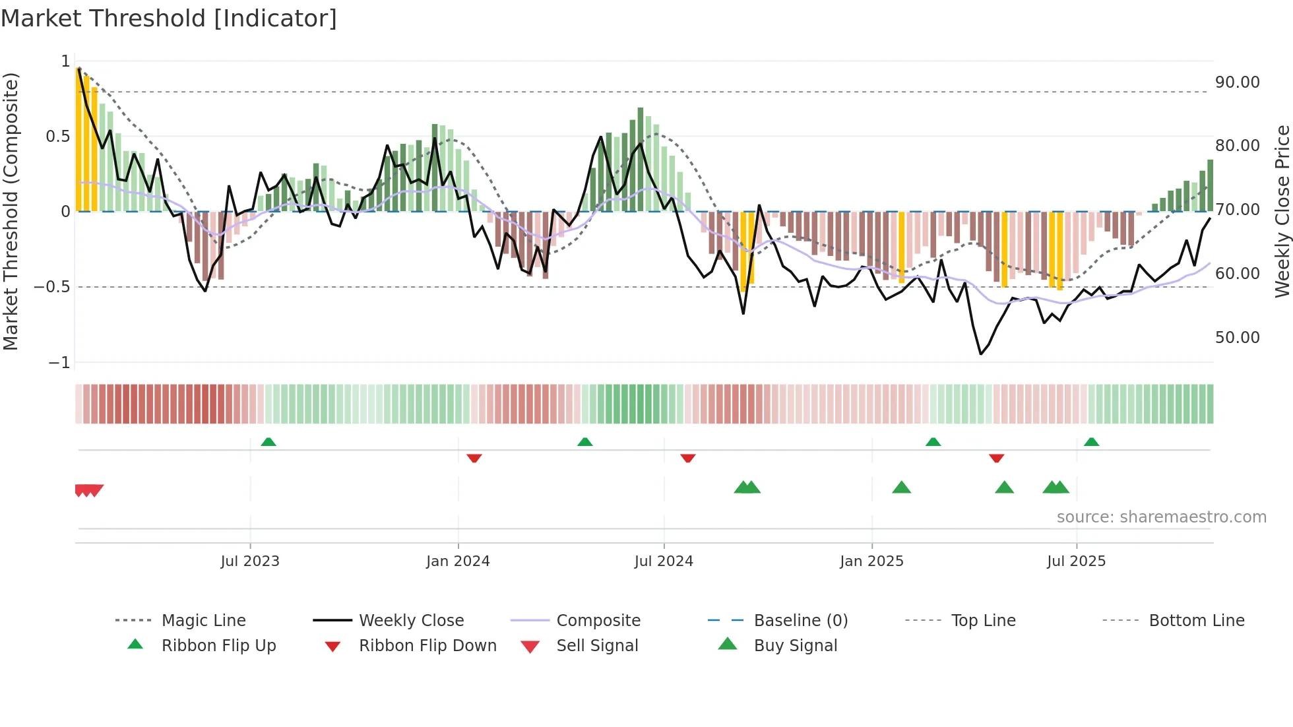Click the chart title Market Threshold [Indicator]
(169, 18)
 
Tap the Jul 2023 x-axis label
(250, 561)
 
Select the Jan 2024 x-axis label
(458, 561)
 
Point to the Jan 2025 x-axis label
(871, 561)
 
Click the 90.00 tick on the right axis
(1237, 82)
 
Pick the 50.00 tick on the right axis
(1237, 338)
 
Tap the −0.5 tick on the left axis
(52, 287)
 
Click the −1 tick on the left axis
(59, 363)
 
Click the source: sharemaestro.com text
(1161, 517)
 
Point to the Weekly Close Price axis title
(1282, 211)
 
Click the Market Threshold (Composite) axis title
(11, 211)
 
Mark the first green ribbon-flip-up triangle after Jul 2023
(268, 442)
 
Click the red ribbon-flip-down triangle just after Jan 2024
(474, 458)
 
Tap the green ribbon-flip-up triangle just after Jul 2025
(1091, 442)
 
